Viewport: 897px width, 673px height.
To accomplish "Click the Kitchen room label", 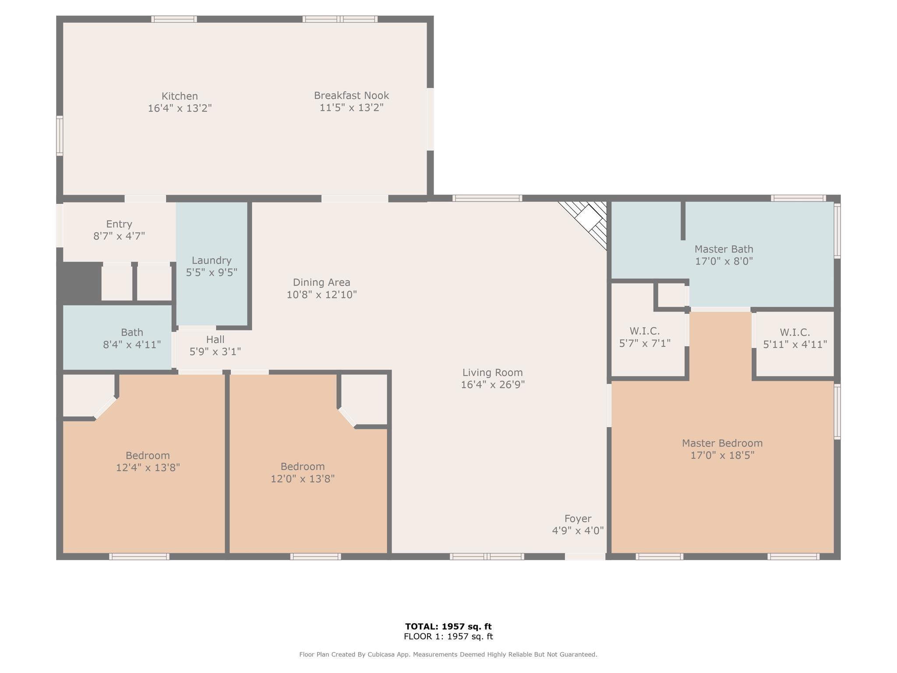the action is click(180, 96).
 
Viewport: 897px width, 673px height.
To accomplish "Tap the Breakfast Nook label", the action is click(351, 96).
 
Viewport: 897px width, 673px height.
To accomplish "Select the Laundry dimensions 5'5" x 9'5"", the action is click(212, 273).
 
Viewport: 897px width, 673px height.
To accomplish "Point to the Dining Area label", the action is click(321, 283).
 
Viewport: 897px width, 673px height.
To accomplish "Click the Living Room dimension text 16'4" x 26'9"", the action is click(493, 385).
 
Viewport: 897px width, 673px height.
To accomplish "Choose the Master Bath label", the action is click(724, 249).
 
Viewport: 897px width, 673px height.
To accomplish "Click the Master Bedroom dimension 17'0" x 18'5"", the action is click(722, 455).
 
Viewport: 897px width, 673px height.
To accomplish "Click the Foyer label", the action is click(578, 519).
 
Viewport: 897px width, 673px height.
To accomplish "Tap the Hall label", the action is click(215, 340).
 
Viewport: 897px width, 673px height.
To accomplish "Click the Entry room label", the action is click(119, 224).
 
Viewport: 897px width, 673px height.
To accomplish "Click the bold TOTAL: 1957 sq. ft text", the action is click(448, 627).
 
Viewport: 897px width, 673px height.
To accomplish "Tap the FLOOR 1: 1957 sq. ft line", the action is click(448, 637).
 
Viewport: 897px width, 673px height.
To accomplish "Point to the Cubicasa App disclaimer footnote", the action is click(448, 655).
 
